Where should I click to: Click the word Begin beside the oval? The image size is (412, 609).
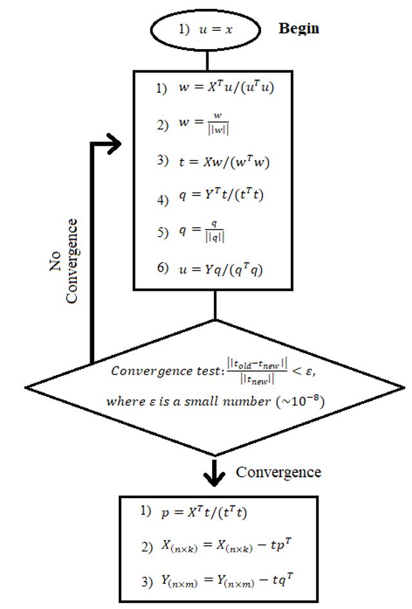pyautogui.click(x=299, y=29)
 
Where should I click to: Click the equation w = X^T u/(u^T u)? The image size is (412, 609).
pyautogui.click(x=226, y=88)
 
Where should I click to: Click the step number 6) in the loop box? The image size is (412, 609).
pyautogui.click(x=162, y=270)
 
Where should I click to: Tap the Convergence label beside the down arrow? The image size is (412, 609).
pyautogui.click(x=278, y=472)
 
